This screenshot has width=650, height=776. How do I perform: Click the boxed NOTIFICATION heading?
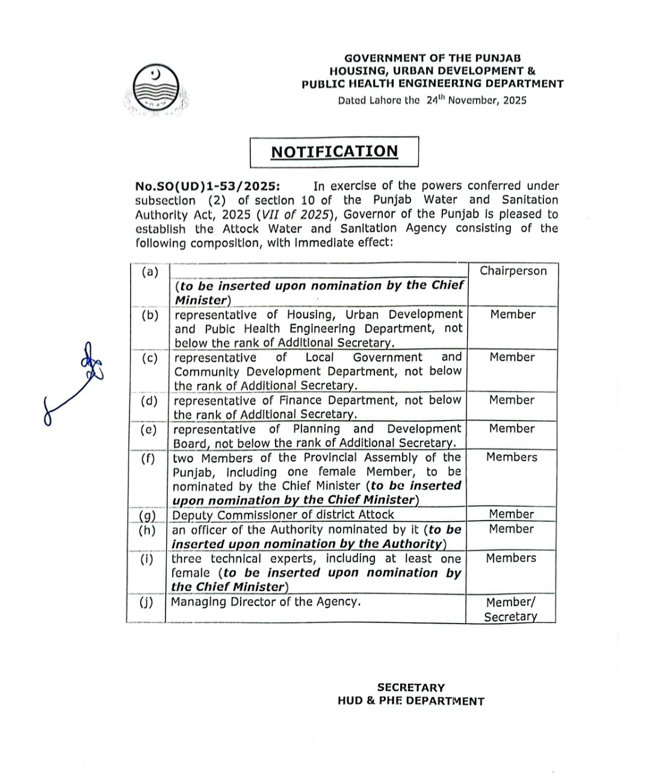pyautogui.click(x=334, y=151)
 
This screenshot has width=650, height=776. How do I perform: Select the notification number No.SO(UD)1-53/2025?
pyautogui.click(x=207, y=186)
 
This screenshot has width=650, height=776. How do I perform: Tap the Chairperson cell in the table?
pyautogui.click(x=513, y=271)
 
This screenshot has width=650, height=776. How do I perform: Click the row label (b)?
pyautogui.click(x=150, y=315)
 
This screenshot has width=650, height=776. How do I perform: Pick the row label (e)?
pyautogui.click(x=149, y=430)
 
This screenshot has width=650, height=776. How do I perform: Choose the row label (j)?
pyautogui.click(x=146, y=602)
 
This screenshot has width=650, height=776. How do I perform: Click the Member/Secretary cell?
pyautogui.click(x=510, y=609)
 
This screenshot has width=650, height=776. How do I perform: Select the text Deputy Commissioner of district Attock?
pyautogui.click(x=283, y=515)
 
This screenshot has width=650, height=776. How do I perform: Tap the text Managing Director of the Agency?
pyautogui.click(x=266, y=601)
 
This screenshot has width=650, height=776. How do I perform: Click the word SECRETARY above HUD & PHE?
pyautogui.click(x=411, y=687)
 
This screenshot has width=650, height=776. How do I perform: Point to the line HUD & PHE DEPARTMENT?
pyautogui.click(x=411, y=701)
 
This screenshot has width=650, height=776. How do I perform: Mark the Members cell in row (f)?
pyautogui.click(x=512, y=457)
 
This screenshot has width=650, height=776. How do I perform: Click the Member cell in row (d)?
pyautogui.click(x=512, y=400)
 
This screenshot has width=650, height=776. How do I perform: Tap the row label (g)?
pyautogui.click(x=147, y=516)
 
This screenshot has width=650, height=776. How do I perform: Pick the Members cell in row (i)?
pyautogui.click(x=511, y=559)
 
